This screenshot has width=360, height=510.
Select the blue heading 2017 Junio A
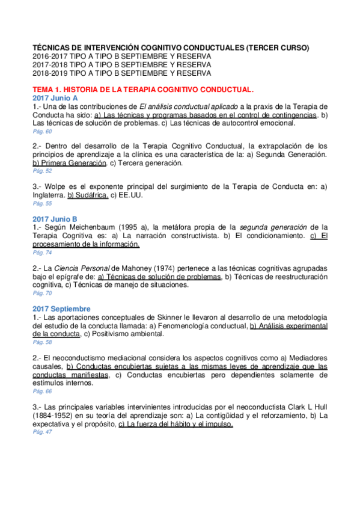coord(55,97)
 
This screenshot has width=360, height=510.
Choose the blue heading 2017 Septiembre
coord(62,309)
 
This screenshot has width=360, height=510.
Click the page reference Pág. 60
coord(42,131)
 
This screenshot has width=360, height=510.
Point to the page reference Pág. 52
coord(42,171)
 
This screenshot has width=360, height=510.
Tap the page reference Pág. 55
coord(42,203)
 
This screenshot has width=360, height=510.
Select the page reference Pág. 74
coord(42,253)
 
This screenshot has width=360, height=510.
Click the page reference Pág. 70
coord(42,293)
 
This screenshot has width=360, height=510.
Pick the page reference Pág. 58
coord(42,342)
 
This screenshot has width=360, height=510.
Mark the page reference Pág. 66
coord(42,391)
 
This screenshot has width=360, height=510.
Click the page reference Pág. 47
coord(42,432)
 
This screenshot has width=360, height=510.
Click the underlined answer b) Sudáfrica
coord(88,195)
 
